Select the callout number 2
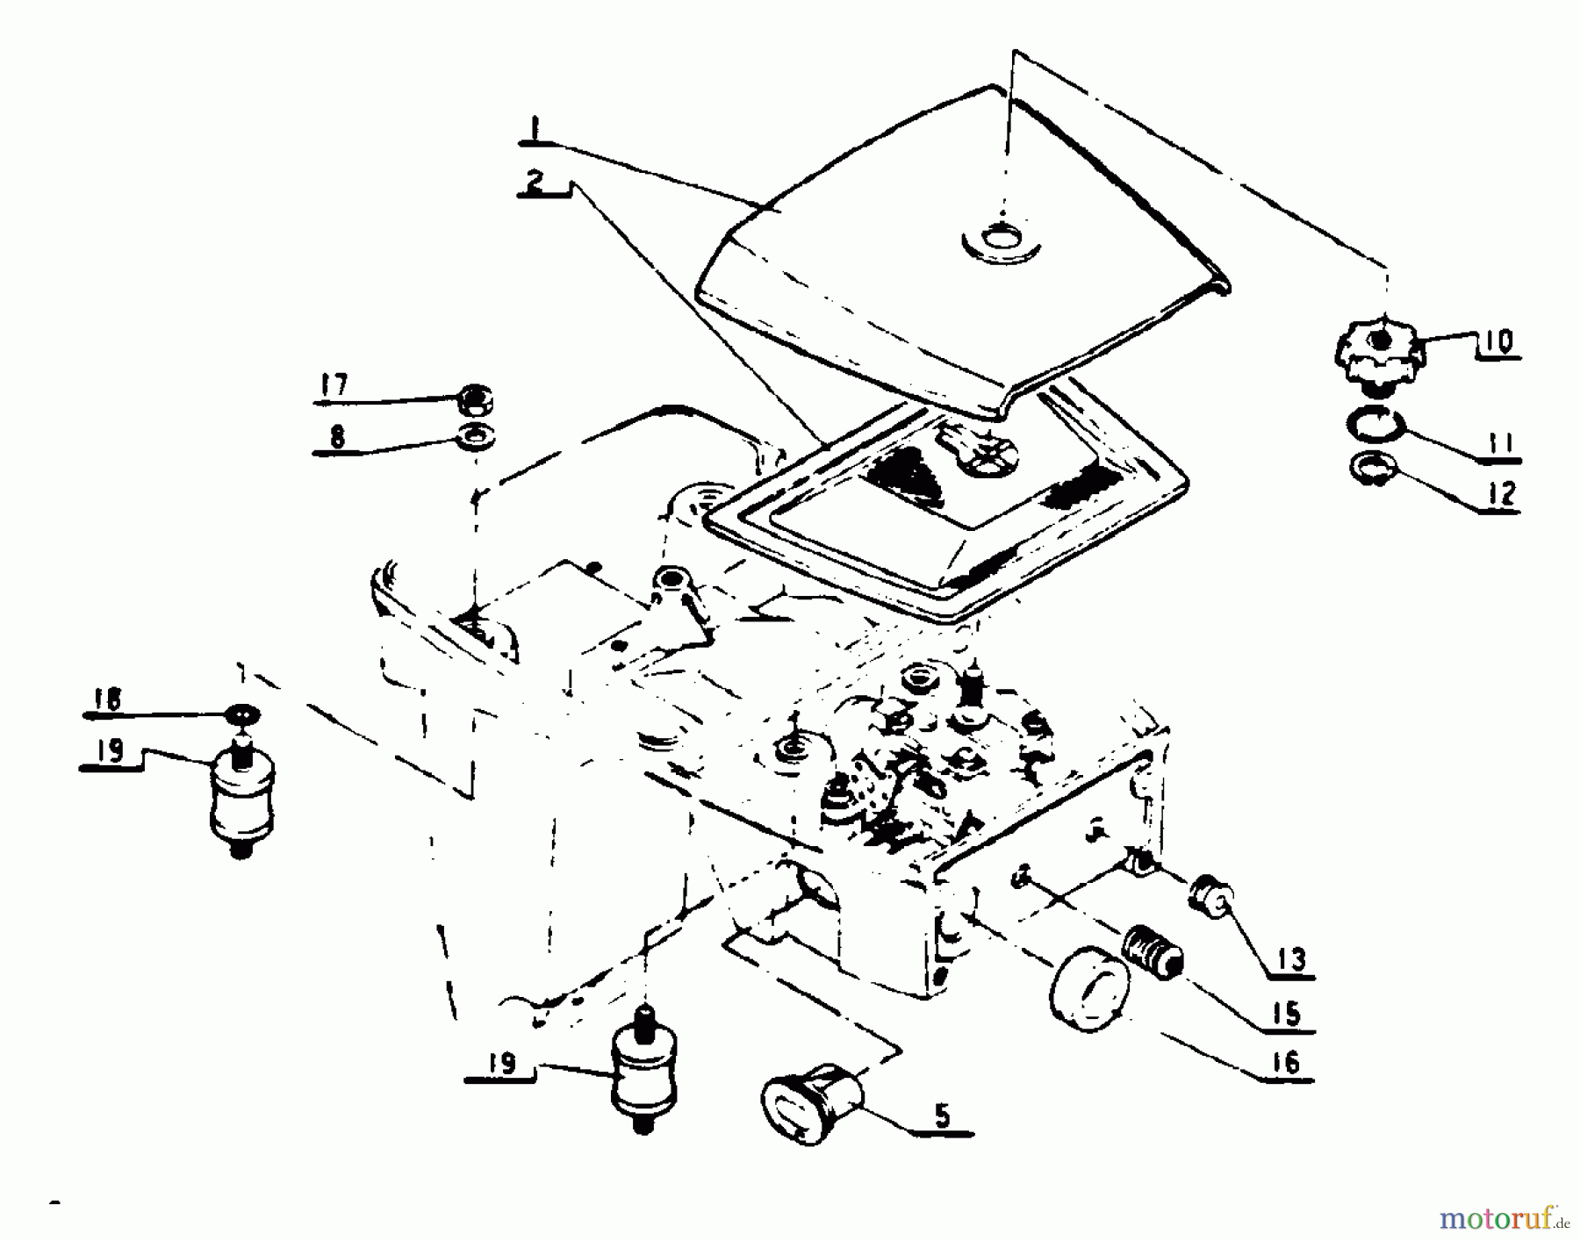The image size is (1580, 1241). tap(535, 182)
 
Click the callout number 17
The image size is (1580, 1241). tap(334, 385)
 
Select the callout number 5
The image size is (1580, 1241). tap(941, 1115)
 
